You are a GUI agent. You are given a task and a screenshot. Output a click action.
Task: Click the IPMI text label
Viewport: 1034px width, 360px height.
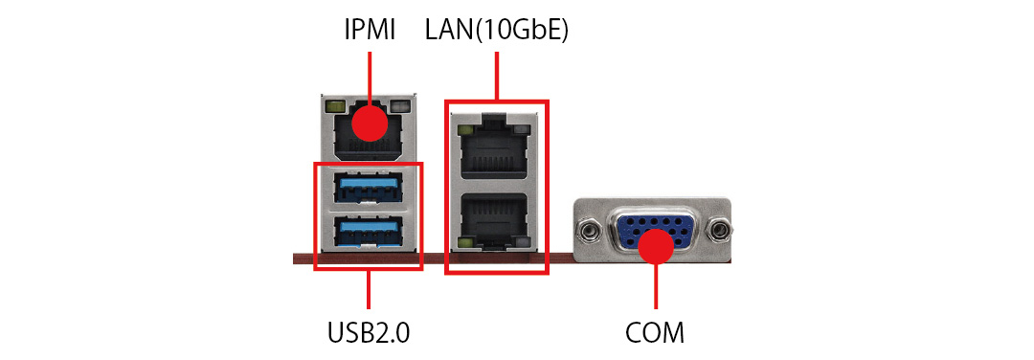pos(370,31)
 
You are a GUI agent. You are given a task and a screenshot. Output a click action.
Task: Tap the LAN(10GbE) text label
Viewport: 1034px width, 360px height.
pos(497,31)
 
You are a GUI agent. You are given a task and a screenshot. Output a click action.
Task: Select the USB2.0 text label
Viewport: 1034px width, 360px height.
pos(369,332)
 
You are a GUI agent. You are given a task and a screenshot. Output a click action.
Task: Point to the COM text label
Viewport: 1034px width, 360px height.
pos(655,332)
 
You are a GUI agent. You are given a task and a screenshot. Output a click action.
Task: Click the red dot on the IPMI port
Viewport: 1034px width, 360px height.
pos(370,124)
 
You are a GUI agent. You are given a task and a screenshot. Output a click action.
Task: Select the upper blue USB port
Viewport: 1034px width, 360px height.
pos(368,188)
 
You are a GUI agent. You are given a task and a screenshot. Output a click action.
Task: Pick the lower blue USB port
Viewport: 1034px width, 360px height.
pos(368,232)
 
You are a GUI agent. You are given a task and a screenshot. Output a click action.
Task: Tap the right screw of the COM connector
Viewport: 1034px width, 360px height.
pos(718,231)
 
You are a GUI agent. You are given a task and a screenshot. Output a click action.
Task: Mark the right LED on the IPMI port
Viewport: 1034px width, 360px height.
pos(399,106)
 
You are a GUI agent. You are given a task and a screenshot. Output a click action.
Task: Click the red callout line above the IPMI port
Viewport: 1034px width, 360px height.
pos(370,79)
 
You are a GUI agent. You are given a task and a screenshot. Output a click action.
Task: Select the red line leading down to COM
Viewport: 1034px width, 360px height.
pos(656,286)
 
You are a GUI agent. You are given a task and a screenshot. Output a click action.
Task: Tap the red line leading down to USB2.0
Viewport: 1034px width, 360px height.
pos(369,289)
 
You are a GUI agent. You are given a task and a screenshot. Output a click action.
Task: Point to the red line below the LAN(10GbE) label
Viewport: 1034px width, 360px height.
pos(496,77)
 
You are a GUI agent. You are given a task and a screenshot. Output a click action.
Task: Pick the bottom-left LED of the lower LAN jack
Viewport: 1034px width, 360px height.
pos(464,244)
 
